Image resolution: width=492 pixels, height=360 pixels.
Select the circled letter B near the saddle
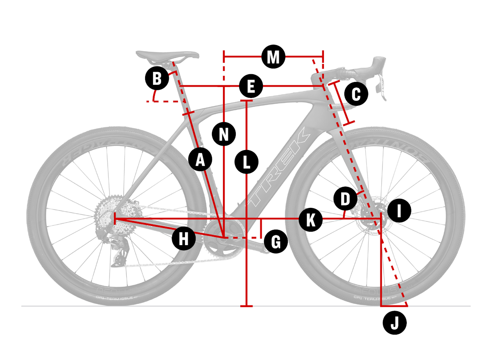tap(157, 78)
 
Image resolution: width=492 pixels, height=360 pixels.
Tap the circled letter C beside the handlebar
tap(355, 94)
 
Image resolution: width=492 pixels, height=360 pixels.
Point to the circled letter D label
tap(345, 200)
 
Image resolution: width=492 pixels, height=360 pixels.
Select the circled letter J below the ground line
tap(394, 324)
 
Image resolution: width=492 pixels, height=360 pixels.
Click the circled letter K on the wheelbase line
tap(311, 220)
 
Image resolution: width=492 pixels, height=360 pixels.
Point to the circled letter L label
tap(246, 161)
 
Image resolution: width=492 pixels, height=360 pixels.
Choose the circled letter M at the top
tap(273, 57)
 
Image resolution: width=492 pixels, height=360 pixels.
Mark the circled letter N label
tap(224, 134)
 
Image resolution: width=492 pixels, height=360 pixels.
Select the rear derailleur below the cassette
tap(119, 250)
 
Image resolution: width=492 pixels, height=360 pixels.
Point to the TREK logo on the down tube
tap(279, 168)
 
